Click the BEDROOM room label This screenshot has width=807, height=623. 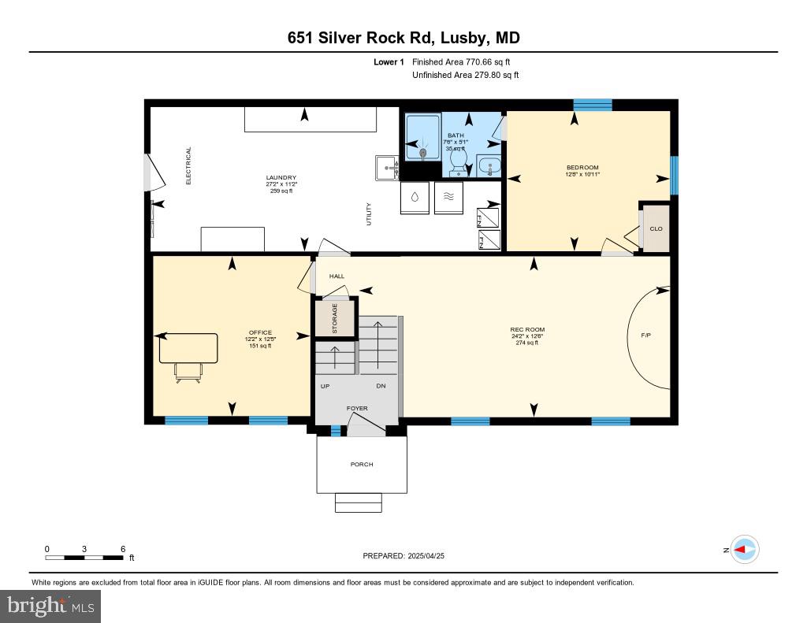(582, 167)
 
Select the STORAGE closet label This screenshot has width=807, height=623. (335, 319)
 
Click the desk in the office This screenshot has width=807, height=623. (188, 348)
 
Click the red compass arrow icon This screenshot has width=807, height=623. (743, 550)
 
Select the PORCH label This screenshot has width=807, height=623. (362, 464)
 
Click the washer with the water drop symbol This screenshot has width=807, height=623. (415, 197)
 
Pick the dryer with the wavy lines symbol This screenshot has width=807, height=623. (448, 197)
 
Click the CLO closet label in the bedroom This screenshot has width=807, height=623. (656, 228)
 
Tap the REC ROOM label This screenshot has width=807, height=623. (527, 329)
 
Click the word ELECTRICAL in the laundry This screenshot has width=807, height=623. (189, 165)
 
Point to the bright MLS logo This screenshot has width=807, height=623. (50, 606)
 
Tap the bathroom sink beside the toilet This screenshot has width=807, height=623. (489, 167)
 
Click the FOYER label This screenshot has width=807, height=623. (358, 409)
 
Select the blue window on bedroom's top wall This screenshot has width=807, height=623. (592, 105)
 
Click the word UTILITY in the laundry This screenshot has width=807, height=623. (368, 215)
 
